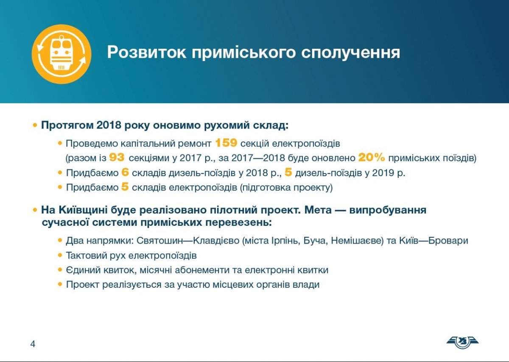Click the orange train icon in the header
(x=62, y=54)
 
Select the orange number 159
(x=226, y=143)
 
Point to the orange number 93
(x=117, y=157)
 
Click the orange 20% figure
(x=372, y=157)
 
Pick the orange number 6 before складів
(x=125, y=172)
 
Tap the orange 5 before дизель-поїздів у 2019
(x=288, y=172)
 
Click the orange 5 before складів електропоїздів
(x=125, y=187)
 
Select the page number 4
(x=33, y=344)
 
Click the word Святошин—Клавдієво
(x=188, y=241)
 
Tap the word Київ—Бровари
(x=434, y=241)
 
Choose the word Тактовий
(x=86, y=255)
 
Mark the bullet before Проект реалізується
(x=60, y=284)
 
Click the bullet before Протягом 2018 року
(x=35, y=125)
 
